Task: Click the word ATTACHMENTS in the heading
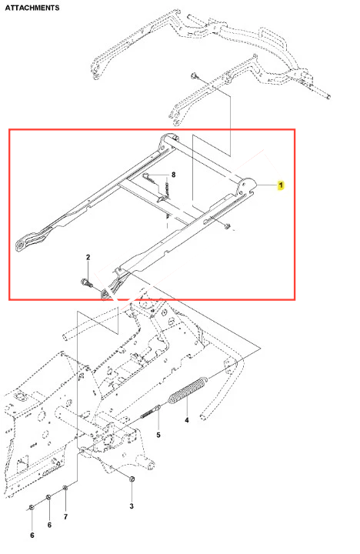(x=32, y=8)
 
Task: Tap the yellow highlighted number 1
(x=281, y=185)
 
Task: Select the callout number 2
(x=88, y=257)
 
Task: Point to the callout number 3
(x=132, y=506)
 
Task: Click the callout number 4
(x=186, y=420)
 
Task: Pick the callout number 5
(x=158, y=435)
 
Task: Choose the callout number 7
(x=65, y=517)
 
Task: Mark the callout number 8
(x=174, y=175)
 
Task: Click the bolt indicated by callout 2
(x=87, y=282)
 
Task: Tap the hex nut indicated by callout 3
(x=132, y=479)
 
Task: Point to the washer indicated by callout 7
(x=65, y=488)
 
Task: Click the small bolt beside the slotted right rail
(x=227, y=225)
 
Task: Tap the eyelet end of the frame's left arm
(x=22, y=245)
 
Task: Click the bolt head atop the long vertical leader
(x=194, y=75)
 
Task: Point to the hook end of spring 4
(x=204, y=381)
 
